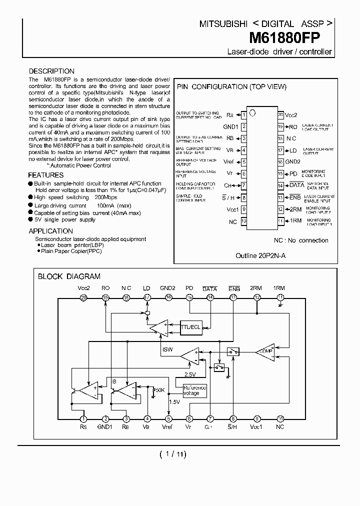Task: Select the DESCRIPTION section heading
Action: [x=51, y=71]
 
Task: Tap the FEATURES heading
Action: [x=45, y=175]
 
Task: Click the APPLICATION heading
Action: [x=50, y=231]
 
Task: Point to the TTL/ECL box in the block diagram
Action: [x=190, y=327]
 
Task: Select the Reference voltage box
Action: [x=194, y=390]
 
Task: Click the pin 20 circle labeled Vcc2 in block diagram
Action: [x=83, y=297]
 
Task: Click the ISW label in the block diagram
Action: [x=167, y=349]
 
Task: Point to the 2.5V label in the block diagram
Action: [x=190, y=374]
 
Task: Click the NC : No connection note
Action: [x=301, y=240]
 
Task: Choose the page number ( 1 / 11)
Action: [x=172, y=454]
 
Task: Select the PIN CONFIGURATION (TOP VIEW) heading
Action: [x=232, y=86]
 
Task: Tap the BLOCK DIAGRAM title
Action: [x=69, y=276]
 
